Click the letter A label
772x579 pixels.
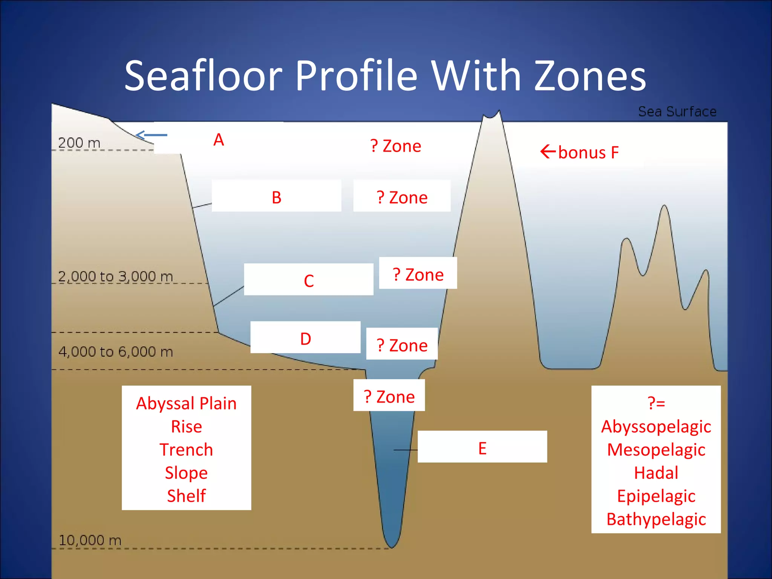coord(219,140)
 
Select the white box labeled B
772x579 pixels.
coord(276,196)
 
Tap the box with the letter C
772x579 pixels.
coord(308,280)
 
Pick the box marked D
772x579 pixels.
coord(305,338)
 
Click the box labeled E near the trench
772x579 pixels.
coord(482,447)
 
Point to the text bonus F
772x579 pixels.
coord(588,153)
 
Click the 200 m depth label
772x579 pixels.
coord(79,143)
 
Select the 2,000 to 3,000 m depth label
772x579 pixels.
coord(115,276)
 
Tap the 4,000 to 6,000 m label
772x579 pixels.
coord(115,351)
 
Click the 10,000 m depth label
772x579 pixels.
coord(90,540)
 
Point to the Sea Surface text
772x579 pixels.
coord(677,112)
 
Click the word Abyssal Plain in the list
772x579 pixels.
coord(186,403)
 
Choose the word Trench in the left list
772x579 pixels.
coord(186,450)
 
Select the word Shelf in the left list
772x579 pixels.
coord(186,496)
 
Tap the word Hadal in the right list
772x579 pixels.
coord(656,473)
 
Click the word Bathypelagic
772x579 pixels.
coord(656,519)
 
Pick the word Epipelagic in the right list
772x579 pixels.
coord(656,496)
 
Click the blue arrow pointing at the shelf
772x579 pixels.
coord(151,135)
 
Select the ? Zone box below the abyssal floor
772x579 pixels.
coord(389,396)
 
